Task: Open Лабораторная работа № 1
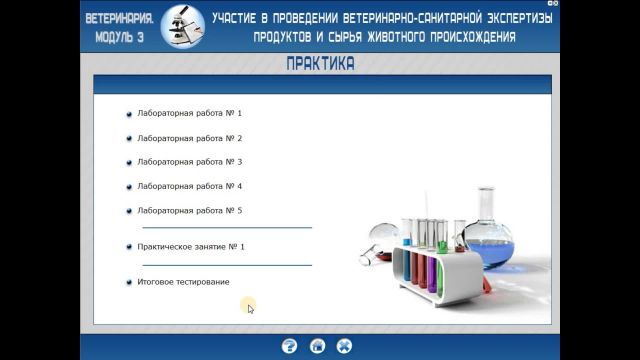[189, 114]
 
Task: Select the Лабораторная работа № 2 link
[189, 138]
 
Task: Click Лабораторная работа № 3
[189, 162]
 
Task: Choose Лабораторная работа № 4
[189, 186]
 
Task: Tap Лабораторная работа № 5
[189, 210]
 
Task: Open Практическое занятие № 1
[190, 246]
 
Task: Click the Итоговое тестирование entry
[183, 282]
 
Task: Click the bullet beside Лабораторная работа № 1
[129, 114]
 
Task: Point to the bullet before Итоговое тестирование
[129, 282]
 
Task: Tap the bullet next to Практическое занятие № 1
[129, 246]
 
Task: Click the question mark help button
[290, 346]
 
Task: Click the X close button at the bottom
[345, 346]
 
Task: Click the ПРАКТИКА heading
[319, 64]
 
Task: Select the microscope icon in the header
[179, 25]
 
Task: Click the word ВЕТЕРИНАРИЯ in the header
[119, 18]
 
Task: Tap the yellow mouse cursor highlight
[249, 306]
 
